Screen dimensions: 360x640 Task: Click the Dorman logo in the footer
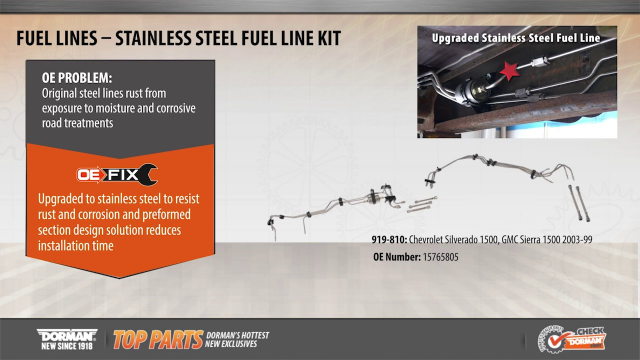pos(67,333)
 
